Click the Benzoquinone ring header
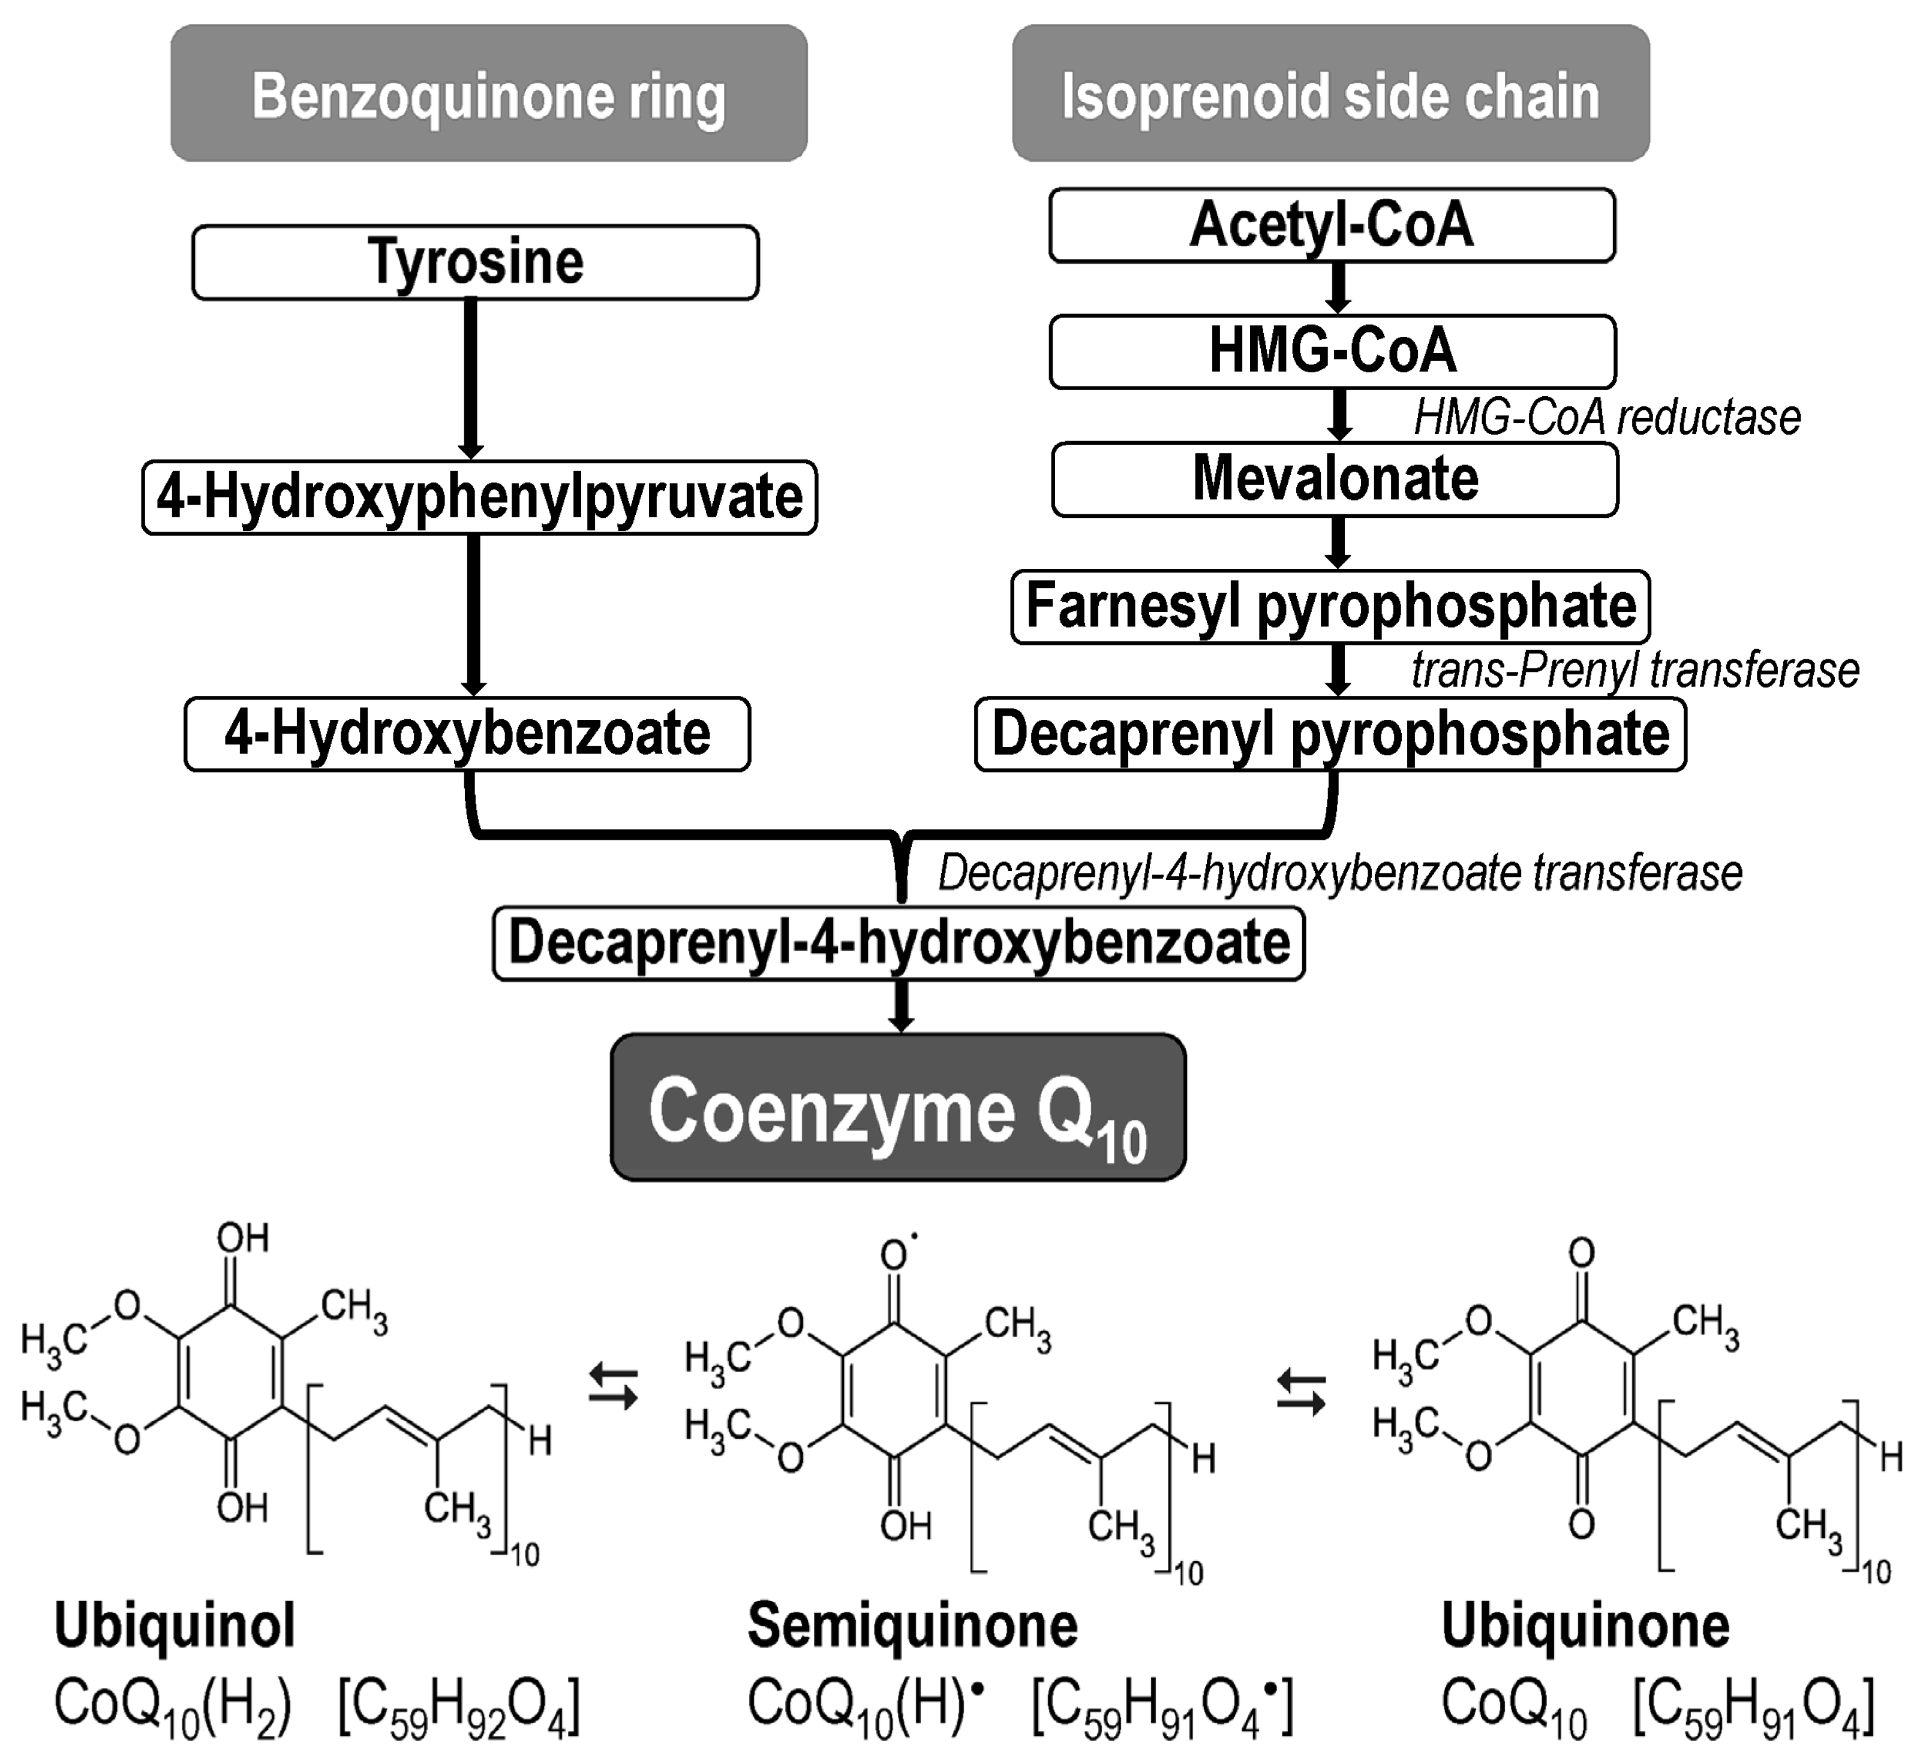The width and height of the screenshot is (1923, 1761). [x=488, y=94]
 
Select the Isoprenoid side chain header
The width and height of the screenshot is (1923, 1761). [x=1330, y=94]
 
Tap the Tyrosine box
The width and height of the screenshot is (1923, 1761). [x=475, y=262]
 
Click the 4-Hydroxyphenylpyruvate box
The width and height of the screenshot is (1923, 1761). [x=479, y=497]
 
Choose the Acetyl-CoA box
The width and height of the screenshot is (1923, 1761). [x=1332, y=225]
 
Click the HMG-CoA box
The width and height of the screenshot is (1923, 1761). [x=1333, y=351]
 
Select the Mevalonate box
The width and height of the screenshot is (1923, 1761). [x=1335, y=479]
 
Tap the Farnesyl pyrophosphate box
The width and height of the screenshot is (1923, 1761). [x=1330, y=607]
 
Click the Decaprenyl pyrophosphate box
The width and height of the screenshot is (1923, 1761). [x=1330, y=734]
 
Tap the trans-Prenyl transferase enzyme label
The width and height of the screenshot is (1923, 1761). [x=1635, y=670]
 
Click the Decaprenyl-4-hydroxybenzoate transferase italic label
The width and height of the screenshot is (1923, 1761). [x=1339, y=872]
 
